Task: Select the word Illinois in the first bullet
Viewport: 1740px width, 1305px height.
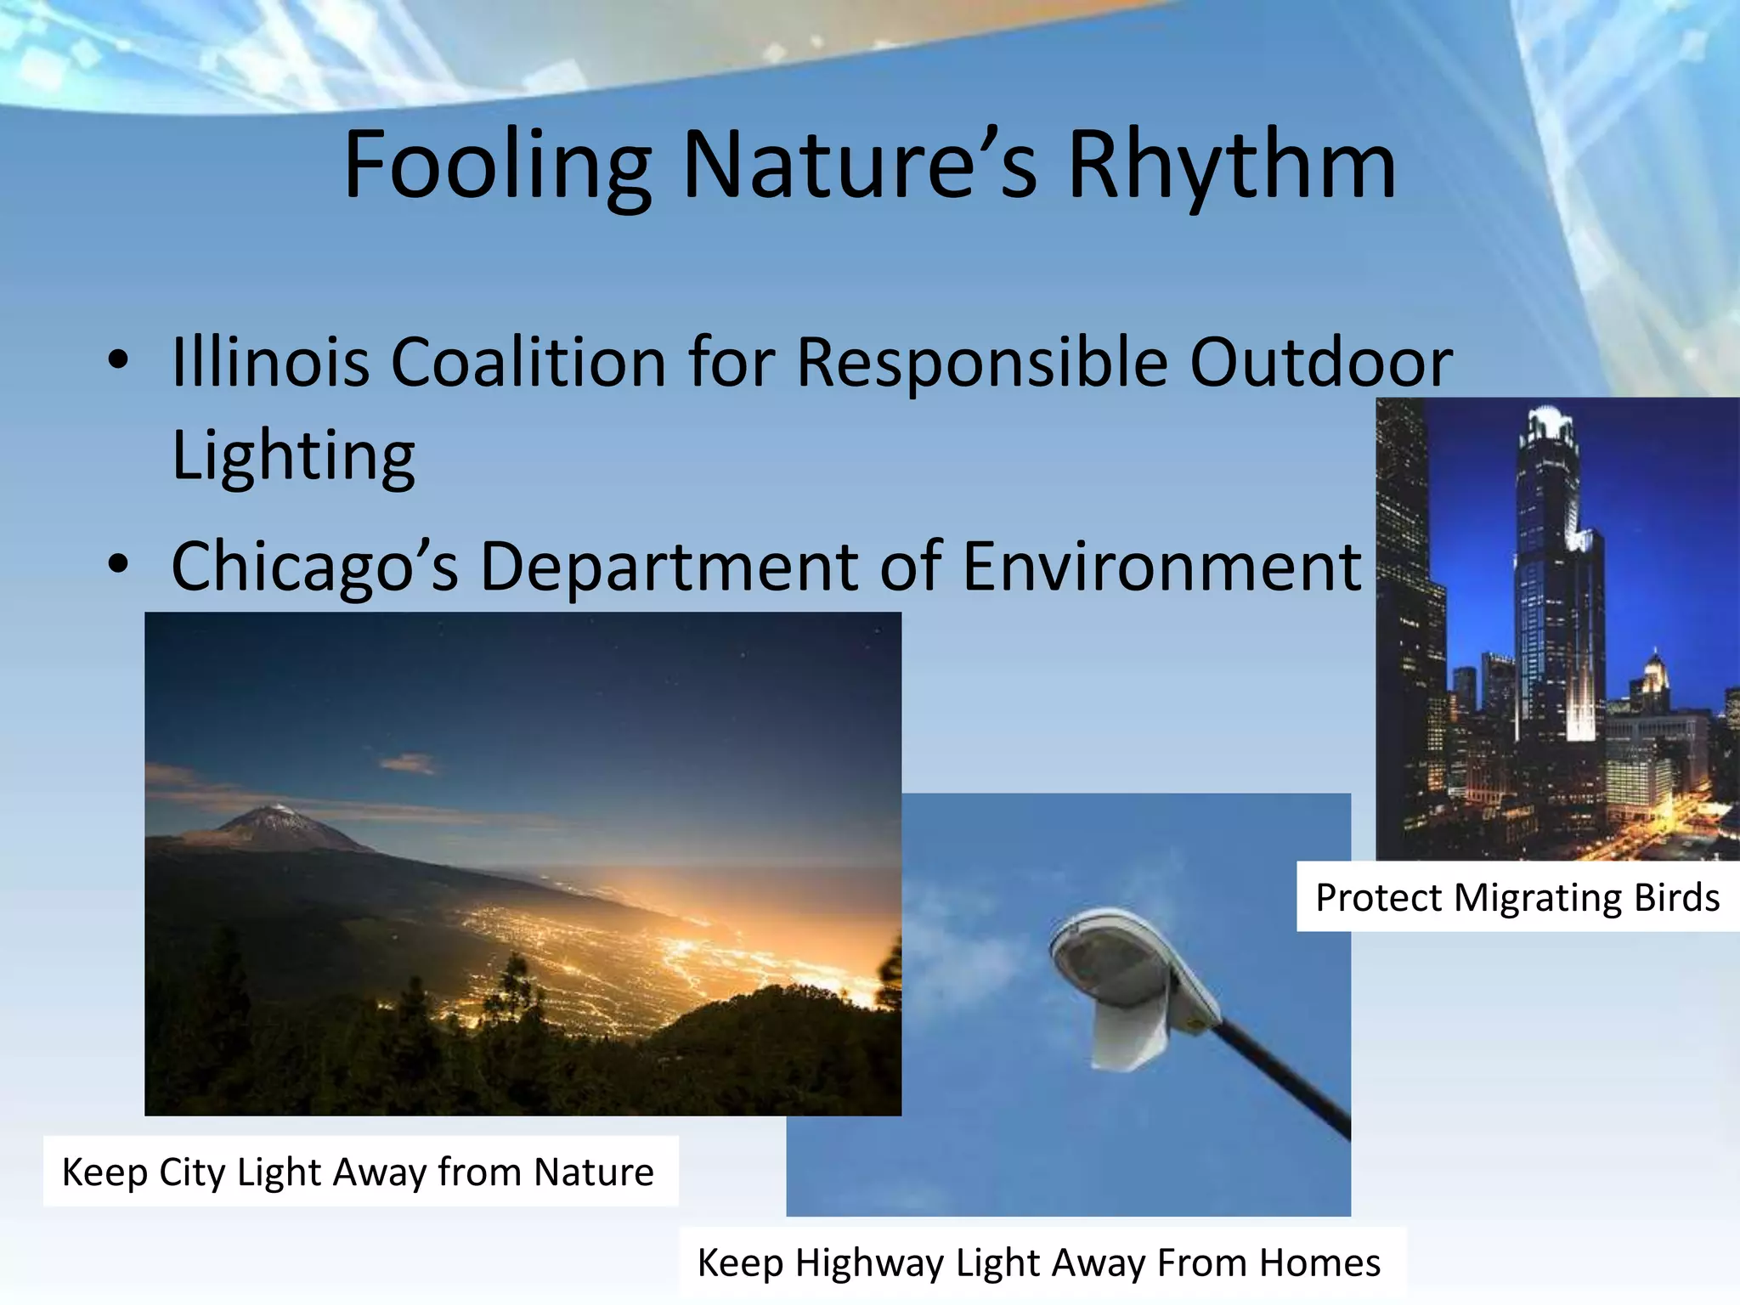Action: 270,363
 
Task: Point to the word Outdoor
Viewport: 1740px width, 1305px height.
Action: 1320,363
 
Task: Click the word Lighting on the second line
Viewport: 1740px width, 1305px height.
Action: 293,456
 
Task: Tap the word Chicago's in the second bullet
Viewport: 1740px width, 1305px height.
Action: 314,567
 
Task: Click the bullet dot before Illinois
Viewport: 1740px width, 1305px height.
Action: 118,360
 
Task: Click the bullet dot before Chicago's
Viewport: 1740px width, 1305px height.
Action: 118,564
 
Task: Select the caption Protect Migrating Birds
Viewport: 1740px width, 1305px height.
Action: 1517,898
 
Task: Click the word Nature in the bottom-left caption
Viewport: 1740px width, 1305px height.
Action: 594,1172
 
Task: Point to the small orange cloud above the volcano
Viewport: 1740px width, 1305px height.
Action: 408,762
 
